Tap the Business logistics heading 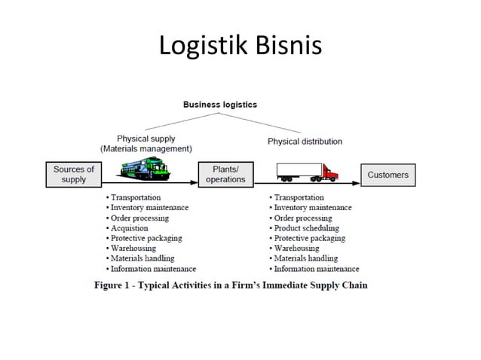[220, 104]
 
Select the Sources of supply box [74, 175]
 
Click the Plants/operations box [225, 175]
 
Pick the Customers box [388, 175]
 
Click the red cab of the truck [329, 173]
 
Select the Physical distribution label [305, 141]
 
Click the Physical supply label [147, 139]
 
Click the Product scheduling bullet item [306, 227]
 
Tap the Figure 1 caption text [231, 285]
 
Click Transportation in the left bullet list [136, 197]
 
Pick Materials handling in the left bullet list [144, 258]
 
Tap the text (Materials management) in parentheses [146, 149]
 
